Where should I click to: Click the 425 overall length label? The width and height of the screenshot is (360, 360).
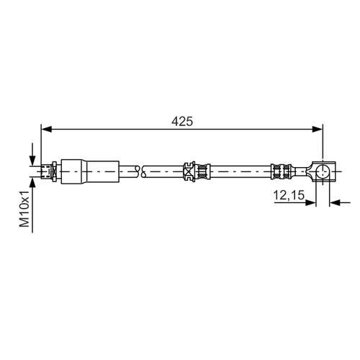pyautogui.click(x=182, y=122)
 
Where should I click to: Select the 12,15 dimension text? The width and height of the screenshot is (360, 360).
pyautogui.click(x=289, y=195)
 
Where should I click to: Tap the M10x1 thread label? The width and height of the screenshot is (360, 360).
pyautogui.click(x=24, y=209)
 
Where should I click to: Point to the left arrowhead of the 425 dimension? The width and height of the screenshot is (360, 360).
pyautogui.click(x=46, y=130)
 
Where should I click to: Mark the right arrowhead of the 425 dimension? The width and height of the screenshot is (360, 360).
pyautogui.click(x=318, y=130)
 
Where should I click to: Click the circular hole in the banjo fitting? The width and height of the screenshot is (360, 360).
pyautogui.click(x=323, y=171)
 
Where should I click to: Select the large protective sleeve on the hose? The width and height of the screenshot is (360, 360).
pyautogui.click(x=90, y=172)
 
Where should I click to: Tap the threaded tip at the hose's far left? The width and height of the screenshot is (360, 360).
pyautogui.click(x=46, y=171)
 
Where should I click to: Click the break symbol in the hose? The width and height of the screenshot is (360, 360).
pyautogui.click(x=140, y=171)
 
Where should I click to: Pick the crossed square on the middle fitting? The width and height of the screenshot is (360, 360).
pyautogui.click(x=188, y=172)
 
